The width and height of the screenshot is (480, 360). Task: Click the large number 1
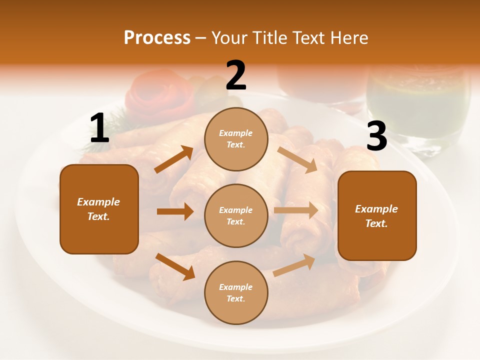99,128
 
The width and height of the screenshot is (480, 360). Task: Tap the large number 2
236,75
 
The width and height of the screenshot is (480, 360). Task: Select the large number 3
376,136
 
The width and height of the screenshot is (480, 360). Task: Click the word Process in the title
157,37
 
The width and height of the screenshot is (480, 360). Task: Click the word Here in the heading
348,37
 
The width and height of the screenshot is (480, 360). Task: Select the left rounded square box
99,209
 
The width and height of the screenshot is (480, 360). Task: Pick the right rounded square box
377,215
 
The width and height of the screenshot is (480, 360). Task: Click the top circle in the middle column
236,139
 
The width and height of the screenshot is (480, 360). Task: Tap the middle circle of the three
236,215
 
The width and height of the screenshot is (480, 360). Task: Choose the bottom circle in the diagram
236,292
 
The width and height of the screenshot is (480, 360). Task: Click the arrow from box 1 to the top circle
174,159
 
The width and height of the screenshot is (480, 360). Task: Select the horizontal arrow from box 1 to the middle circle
175,211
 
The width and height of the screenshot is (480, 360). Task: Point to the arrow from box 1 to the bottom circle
175,266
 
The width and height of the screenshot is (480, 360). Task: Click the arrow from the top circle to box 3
297,160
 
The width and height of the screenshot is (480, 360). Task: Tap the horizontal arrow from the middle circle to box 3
296,210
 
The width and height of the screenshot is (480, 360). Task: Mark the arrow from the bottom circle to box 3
294,265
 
